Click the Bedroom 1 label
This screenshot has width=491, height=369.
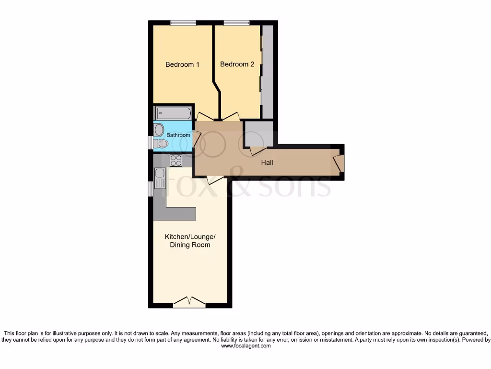[182, 64]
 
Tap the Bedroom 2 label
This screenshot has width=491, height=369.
[237, 64]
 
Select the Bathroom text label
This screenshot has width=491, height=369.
[178, 135]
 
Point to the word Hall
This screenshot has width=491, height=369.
[267, 163]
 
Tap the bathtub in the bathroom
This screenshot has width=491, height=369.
[173, 113]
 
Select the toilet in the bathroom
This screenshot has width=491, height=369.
[161, 143]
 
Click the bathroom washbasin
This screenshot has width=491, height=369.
[159, 130]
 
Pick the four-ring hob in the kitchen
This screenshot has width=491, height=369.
[176, 160]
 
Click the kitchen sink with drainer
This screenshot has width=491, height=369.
[160, 179]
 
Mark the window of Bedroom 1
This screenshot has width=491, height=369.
[183, 23]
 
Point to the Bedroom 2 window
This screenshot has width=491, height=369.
[236, 23]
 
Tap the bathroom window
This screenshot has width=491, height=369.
[150, 143]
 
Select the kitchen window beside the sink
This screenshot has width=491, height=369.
[150, 189]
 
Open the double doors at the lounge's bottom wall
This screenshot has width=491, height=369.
[189, 302]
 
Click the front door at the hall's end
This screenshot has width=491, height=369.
[339, 163]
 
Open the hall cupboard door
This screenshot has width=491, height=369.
[257, 150]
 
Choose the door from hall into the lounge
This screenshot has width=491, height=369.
[215, 180]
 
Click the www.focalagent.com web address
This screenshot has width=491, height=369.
[245, 345]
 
